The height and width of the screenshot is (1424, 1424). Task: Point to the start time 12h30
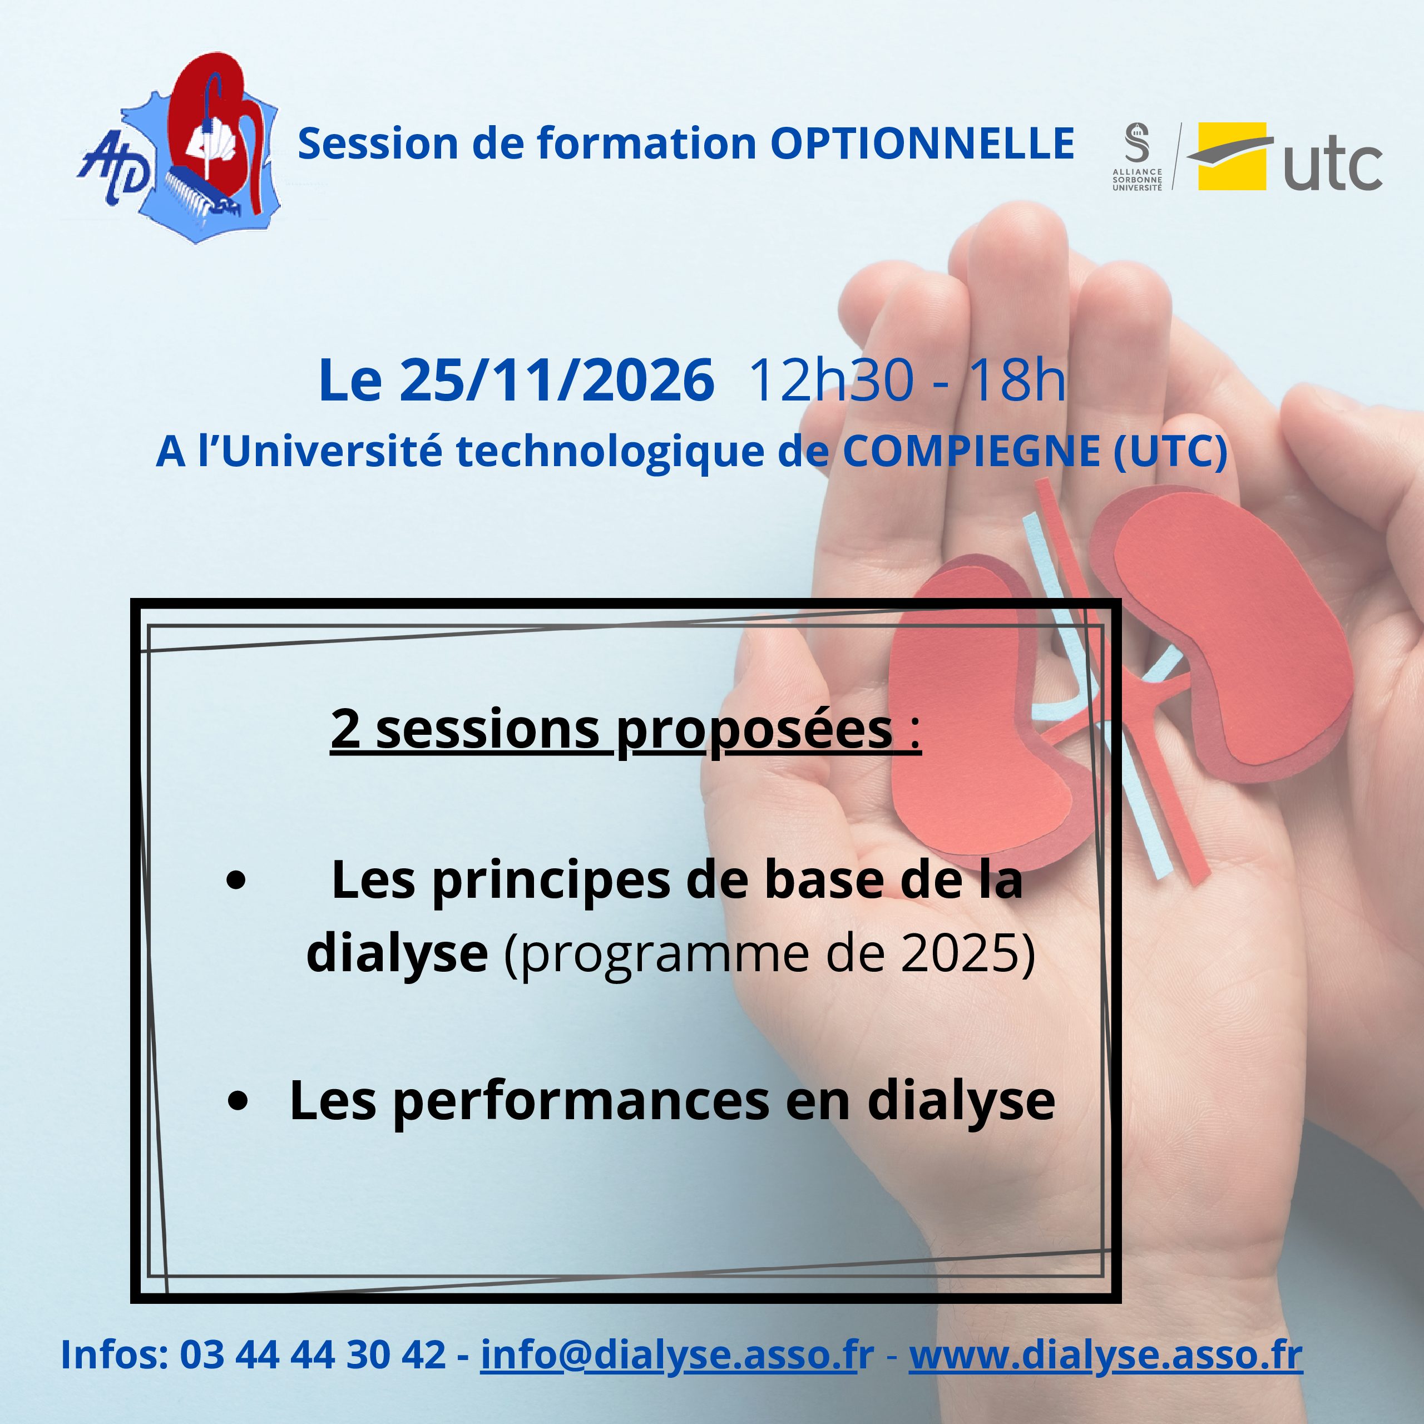(832, 380)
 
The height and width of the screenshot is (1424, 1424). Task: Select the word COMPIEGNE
(971, 451)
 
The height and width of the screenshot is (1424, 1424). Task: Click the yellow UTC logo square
(1232, 156)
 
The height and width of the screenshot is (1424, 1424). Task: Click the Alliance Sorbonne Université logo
(1138, 156)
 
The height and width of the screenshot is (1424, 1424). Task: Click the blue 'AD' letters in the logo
(114, 170)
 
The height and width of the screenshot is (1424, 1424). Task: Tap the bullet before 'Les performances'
(238, 1101)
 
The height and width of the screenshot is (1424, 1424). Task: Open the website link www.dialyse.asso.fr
(1106, 1354)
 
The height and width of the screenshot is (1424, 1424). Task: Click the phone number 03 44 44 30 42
(313, 1354)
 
